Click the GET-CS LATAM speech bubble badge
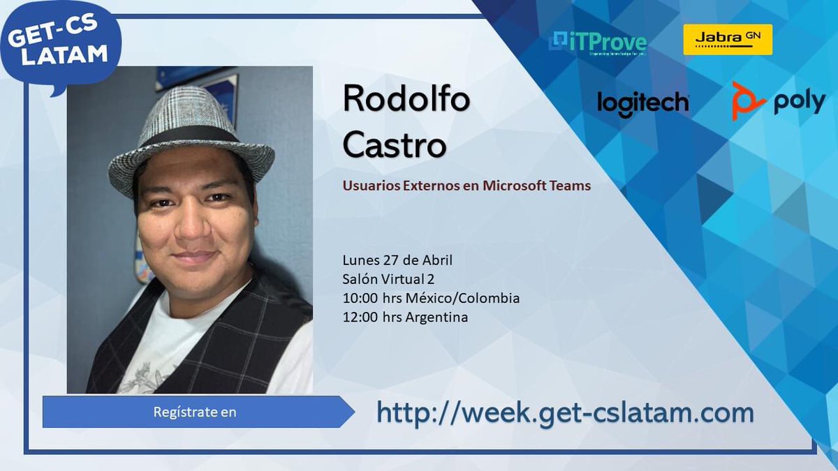60,45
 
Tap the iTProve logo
599,43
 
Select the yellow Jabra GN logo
727,39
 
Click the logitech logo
642,103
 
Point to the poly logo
779,102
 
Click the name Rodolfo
406,100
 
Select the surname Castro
395,146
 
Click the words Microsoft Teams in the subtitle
537,186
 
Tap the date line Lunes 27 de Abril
397,260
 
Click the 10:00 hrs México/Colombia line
431,298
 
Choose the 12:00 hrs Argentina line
405,317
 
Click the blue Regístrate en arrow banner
196,412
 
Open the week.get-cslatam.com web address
565,412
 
